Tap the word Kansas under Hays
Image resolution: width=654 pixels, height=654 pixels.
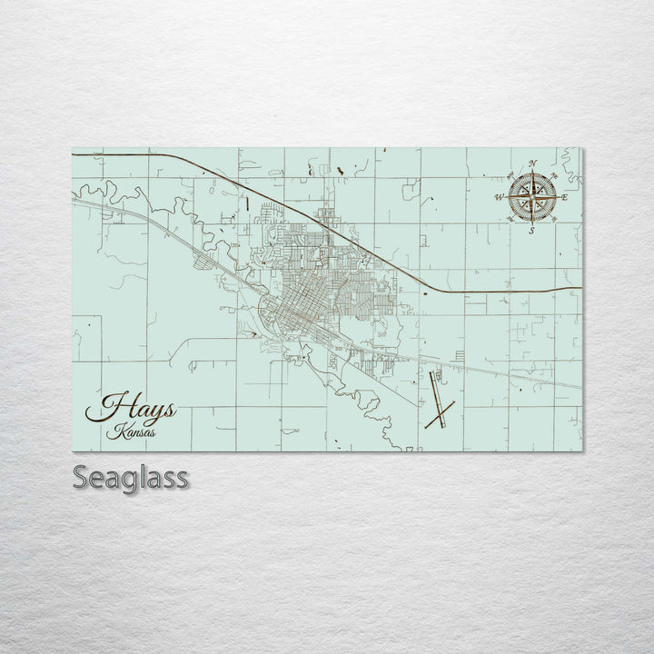pyautogui.click(x=131, y=432)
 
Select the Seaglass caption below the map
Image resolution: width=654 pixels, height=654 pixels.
pyautogui.click(x=131, y=477)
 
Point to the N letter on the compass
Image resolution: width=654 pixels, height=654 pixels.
pyautogui.click(x=532, y=163)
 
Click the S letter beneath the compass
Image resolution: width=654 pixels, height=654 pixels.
pyautogui.click(x=531, y=231)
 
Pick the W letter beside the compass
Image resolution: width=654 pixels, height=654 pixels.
pyautogui.click(x=499, y=197)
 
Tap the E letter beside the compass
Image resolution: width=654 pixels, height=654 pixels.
pyautogui.click(x=564, y=197)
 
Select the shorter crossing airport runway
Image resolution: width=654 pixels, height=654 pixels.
pyautogui.click(x=440, y=415)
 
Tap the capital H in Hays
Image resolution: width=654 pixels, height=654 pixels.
pyautogui.click(x=107, y=407)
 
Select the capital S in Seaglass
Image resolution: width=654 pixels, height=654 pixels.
pyautogui.click(x=83, y=477)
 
